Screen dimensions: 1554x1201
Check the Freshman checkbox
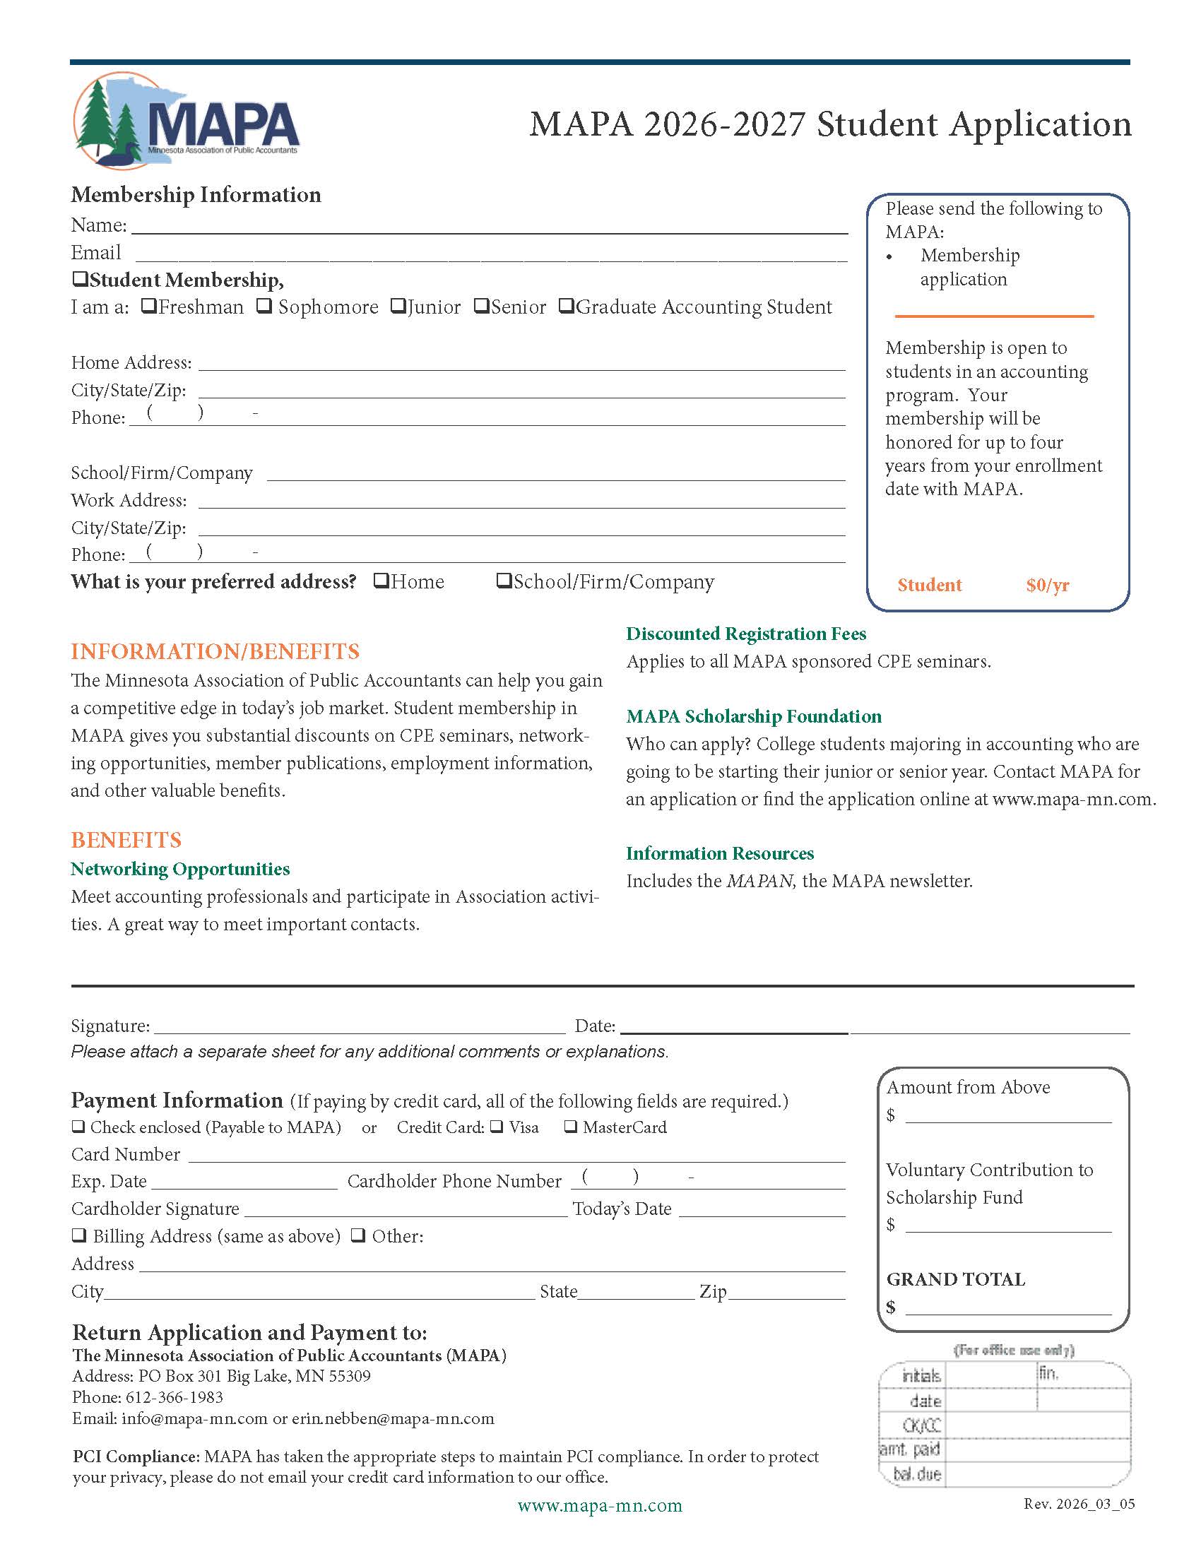click(148, 306)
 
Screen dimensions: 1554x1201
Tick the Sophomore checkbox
click(264, 306)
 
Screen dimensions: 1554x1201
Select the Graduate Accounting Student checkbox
click(566, 306)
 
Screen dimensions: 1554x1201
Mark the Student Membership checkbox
click(80, 279)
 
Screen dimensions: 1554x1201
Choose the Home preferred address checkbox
click(381, 581)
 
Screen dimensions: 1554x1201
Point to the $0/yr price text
click(1047, 585)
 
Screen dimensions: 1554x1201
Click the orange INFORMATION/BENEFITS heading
click(215, 651)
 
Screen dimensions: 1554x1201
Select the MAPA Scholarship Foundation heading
click(754, 716)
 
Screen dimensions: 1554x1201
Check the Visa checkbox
click(497, 1127)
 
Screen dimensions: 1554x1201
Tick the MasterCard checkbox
click(571, 1127)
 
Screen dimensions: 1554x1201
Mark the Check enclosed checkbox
click(78, 1127)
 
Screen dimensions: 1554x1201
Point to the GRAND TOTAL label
click(956, 1279)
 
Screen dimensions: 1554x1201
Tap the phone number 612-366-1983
click(174, 1396)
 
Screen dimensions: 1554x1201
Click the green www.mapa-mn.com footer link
click(600, 1505)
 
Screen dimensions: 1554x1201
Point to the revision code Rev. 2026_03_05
click(1079, 1503)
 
